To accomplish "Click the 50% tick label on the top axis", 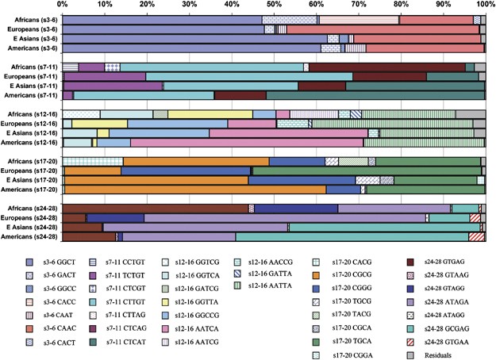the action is click(274, 4).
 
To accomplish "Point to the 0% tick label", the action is click(63, 4).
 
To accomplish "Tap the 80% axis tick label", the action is click(401, 4).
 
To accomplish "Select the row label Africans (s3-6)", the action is click(36, 20).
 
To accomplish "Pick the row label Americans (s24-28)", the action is click(29, 237).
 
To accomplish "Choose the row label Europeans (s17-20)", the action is click(29, 170).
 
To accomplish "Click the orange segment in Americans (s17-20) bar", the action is click(195, 190).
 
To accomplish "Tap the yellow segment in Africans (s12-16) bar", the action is click(210, 114).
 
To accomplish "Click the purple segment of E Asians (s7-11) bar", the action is click(113, 86).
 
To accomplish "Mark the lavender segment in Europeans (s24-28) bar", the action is click(285, 218).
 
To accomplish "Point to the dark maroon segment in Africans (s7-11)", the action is click(387, 67).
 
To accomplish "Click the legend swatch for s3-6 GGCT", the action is click(29, 262).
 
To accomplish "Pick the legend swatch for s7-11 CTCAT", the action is click(94, 342).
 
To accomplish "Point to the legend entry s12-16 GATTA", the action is click(263, 274).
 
